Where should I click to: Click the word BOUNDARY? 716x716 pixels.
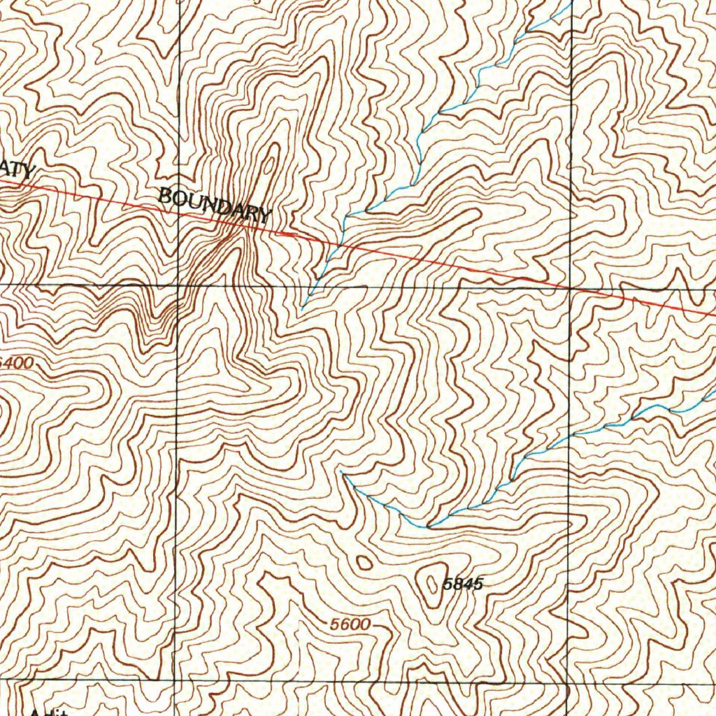(214, 205)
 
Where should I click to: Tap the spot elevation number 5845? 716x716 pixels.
(463, 585)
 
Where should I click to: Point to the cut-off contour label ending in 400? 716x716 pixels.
(17, 364)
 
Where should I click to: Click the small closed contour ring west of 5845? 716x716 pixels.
(364, 561)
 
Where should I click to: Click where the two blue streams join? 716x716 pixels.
(428, 525)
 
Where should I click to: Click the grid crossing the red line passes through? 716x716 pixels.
(571, 288)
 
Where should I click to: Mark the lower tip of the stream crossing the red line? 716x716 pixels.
(302, 307)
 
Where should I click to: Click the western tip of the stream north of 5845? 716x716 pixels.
(341, 472)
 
